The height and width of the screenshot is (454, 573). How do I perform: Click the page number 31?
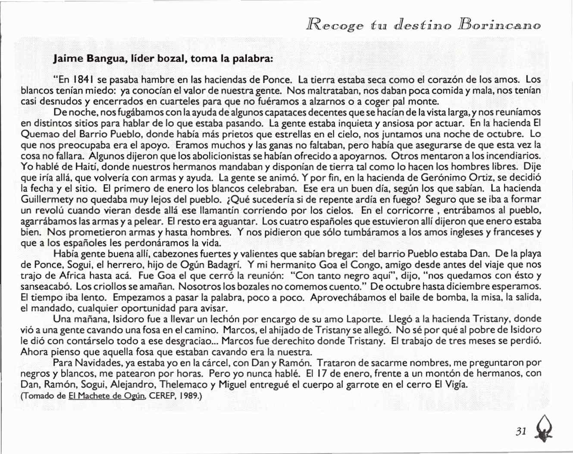point(521,431)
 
